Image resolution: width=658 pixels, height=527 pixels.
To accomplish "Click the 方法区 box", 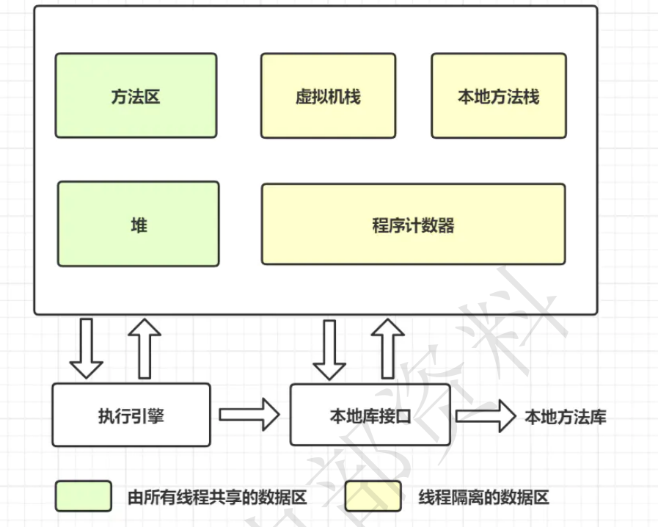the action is pos(136,95).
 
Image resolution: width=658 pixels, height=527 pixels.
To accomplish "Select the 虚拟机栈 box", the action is pos(328,95).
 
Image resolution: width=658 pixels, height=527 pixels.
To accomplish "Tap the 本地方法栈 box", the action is pos(499,95).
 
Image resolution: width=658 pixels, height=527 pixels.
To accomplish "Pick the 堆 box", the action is pos(139,224).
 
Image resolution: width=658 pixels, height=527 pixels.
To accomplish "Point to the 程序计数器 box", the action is pos(413,224).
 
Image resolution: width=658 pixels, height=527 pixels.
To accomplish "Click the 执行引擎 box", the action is pos(131,415).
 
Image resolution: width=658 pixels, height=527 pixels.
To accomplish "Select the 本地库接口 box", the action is pos(370,415).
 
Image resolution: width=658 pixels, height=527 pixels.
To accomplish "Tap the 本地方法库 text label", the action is pos(566,417).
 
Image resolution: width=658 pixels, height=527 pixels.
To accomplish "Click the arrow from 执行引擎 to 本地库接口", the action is pos(249,415).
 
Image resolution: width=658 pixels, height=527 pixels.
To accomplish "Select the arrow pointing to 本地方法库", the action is pos(486,415).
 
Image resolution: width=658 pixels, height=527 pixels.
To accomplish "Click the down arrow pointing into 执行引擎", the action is pos(86,349).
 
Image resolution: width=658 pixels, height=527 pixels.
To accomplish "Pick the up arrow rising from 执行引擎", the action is pos(145,349).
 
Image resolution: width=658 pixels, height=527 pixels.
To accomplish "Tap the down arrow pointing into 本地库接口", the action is pos(329,350).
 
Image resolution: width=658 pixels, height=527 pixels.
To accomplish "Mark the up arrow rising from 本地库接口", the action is pos(388,349).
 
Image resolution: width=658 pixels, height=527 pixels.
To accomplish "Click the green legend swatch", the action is pos(84,496).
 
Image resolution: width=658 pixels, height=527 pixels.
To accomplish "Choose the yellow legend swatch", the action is pos(373,496).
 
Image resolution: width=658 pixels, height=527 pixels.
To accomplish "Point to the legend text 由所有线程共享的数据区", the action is pos(217,497).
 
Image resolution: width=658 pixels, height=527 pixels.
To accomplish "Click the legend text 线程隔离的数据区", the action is pos(484,497).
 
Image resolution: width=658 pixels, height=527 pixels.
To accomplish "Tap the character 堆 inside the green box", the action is pos(139,225).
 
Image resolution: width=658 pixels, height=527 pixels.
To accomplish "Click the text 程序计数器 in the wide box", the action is pos(413,225).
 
